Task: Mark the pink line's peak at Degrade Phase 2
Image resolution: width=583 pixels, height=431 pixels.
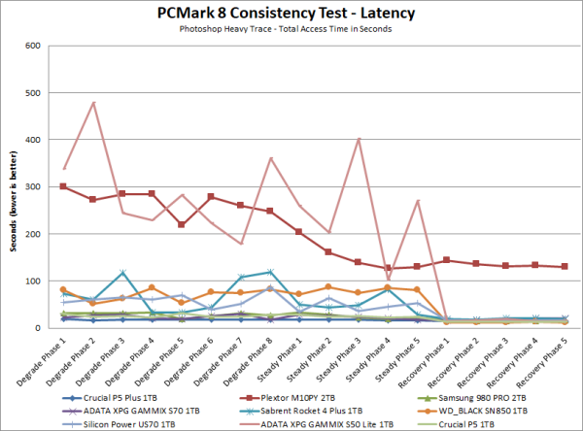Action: click(93, 102)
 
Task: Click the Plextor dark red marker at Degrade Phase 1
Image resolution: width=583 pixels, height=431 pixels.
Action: click(64, 186)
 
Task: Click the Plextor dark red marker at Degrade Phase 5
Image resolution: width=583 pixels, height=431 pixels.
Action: click(182, 224)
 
